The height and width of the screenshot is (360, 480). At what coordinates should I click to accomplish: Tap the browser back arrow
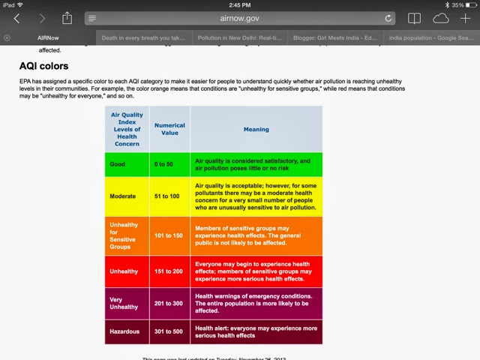pos(17,18)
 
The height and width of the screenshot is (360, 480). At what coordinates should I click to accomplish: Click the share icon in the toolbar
pos(67,18)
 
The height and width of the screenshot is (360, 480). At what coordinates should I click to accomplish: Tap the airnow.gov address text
pos(239,18)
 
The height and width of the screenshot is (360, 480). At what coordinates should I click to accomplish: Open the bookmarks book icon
pos(414,18)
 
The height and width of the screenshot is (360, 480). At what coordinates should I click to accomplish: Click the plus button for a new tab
pos(466,18)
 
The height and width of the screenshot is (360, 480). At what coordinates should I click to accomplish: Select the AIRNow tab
pos(49,37)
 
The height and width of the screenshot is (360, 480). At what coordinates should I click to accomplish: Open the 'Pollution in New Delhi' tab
pos(238,37)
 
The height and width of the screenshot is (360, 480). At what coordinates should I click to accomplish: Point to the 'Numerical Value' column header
pos(169,128)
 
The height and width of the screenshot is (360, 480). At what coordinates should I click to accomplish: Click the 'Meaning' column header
pos(256,129)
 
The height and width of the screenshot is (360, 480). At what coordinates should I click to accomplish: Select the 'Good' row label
pos(118,163)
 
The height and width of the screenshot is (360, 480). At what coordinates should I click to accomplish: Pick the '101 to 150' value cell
pos(169,235)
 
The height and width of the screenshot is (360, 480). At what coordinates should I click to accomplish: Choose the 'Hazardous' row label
pos(126,332)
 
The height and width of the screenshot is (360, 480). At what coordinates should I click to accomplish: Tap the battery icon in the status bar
pos(467,4)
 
